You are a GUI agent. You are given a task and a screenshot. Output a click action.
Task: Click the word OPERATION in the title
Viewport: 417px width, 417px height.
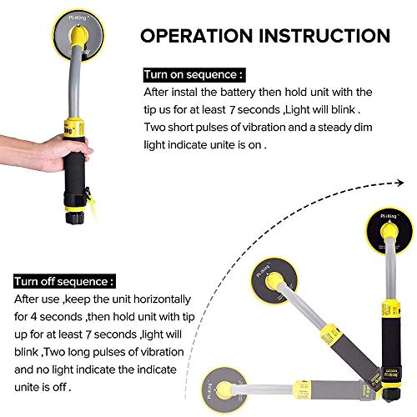click(x=196, y=36)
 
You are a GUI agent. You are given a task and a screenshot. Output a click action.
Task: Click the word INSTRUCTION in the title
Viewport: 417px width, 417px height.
click(x=324, y=36)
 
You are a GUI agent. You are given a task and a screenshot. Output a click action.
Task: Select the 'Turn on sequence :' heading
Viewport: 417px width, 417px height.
click(x=194, y=75)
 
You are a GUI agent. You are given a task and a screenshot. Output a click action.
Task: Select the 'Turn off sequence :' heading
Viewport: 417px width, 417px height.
click(x=64, y=281)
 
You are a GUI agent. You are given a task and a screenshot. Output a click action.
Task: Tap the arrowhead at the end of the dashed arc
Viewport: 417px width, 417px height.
click(x=400, y=183)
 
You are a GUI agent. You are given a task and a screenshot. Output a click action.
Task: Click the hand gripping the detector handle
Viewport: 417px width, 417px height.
click(x=48, y=152)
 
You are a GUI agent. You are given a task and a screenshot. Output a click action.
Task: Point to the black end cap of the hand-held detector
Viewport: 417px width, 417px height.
click(x=75, y=218)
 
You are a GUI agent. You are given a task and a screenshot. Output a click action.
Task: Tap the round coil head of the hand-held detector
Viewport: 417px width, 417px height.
click(x=78, y=35)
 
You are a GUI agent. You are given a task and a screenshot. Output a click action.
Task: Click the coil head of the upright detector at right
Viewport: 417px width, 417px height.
click(x=389, y=231)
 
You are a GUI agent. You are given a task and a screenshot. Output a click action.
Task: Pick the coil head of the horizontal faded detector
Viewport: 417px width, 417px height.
click(x=224, y=389)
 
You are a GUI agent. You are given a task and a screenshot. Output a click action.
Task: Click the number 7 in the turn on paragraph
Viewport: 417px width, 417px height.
click(x=232, y=110)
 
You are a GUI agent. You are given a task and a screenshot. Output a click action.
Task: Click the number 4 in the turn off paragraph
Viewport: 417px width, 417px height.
click(x=33, y=317)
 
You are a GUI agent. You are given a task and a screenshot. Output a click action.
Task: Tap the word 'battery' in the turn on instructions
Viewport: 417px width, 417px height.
click(x=238, y=93)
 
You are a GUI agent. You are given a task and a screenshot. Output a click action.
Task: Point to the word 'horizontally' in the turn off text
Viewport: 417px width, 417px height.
click(x=162, y=299)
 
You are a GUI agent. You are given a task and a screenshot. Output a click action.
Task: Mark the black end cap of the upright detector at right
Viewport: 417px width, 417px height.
click(x=392, y=394)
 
